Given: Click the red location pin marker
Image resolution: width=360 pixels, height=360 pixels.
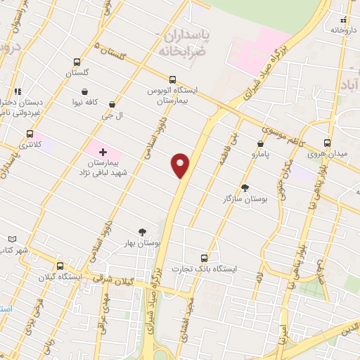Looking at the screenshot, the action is coord(181,164).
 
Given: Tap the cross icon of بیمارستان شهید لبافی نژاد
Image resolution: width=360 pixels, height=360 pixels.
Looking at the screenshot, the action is coord(103,152).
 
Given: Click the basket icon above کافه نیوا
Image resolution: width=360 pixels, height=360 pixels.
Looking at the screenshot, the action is coord(85,91).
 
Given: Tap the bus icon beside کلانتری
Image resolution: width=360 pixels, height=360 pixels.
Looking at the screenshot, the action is coord(30,134).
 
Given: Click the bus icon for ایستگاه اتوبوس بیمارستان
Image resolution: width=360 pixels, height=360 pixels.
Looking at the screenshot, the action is coord(172,79).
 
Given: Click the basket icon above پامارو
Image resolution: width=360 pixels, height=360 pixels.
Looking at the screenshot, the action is coord(260,143).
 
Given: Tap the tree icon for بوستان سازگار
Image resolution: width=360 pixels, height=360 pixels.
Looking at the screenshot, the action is coord(245,187).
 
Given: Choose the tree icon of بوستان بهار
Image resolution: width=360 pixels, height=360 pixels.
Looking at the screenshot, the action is coord(143,231).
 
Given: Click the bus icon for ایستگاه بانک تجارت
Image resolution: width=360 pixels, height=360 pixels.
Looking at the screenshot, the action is coord(205,258).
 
